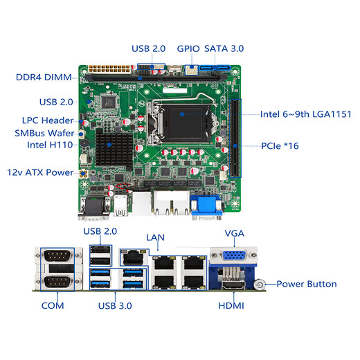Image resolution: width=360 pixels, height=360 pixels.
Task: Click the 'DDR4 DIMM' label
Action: coord(44,78)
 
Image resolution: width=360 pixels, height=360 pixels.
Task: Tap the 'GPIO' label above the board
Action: coord(188,48)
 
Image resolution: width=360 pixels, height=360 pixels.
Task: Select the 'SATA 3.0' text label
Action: coord(224,48)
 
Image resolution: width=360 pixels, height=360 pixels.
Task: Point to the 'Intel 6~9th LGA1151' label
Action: coord(306,114)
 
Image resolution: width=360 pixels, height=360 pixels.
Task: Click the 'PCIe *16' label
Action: coord(280,146)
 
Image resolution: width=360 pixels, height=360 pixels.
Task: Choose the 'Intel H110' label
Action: coord(50,145)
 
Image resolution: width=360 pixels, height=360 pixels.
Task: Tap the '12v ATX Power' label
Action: coord(40,172)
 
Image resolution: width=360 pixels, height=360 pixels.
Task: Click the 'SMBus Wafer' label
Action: coord(44,133)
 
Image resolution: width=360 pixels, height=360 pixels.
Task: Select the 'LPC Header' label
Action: coord(48,120)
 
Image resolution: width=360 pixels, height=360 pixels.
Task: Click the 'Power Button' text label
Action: coord(307,284)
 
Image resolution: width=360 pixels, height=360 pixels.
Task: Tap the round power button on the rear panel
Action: coord(260,285)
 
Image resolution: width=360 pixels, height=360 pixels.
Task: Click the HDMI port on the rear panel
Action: coord(233,285)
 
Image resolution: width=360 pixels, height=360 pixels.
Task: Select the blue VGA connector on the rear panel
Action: coord(233,255)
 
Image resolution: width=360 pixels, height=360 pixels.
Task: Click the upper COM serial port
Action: coord(57,255)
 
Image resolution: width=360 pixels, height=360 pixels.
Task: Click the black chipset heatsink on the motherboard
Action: coord(114,149)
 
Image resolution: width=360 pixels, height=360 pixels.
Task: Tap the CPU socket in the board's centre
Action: coord(182,123)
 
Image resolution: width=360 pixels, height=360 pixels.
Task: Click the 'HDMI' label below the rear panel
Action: coord(231,306)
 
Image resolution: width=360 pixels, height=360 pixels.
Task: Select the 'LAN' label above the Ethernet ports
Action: coord(155,237)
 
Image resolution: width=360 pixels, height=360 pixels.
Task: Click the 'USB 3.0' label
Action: coord(115,306)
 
